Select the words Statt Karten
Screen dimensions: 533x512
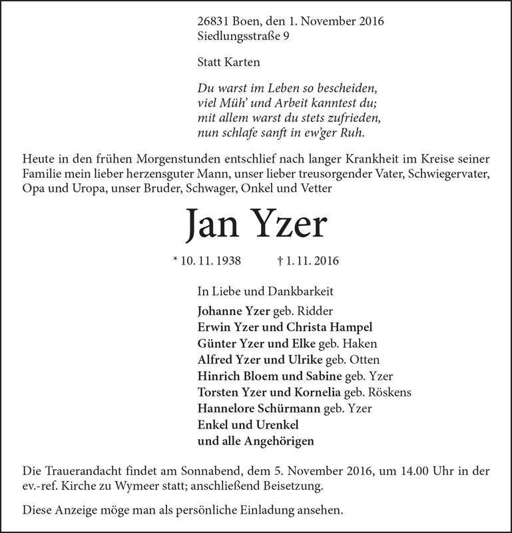pos(228,63)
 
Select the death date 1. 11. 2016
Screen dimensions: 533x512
pos(312,262)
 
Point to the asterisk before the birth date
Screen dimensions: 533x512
pos(175,261)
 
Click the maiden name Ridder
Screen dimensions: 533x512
pos(316,310)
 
